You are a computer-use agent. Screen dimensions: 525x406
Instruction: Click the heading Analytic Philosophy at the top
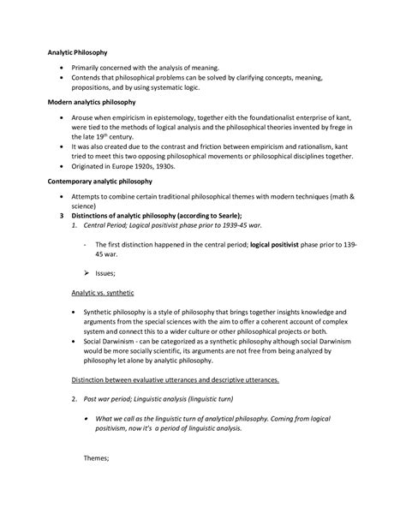(x=76, y=52)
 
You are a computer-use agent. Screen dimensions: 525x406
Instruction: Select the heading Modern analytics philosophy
(x=88, y=101)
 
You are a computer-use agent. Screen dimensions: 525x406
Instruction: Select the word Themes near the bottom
(x=95, y=458)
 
